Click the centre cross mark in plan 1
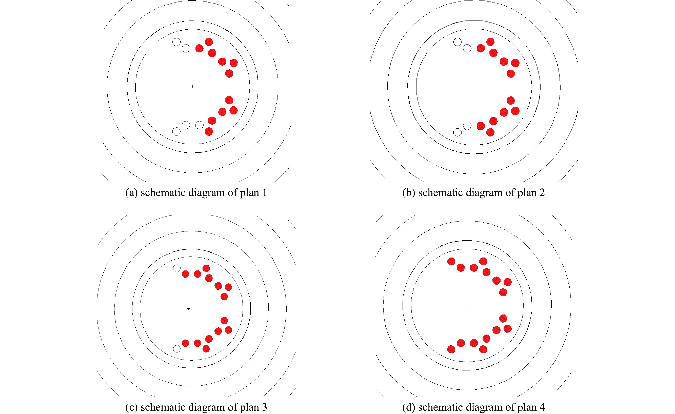tap(193, 86)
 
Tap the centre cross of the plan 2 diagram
tap(474, 87)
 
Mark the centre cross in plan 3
tap(188, 308)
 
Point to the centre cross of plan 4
tap(464, 305)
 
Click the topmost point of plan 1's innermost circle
tap(193, 29)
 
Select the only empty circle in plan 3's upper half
tap(177, 268)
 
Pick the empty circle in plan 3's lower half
tap(177, 349)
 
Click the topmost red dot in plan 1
tap(209, 42)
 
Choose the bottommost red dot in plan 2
tap(490, 132)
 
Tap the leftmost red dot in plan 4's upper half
tap(451, 261)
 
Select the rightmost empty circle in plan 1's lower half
tap(200, 125)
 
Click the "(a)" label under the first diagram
tap(131, 193)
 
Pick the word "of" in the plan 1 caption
tap(233, 193)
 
